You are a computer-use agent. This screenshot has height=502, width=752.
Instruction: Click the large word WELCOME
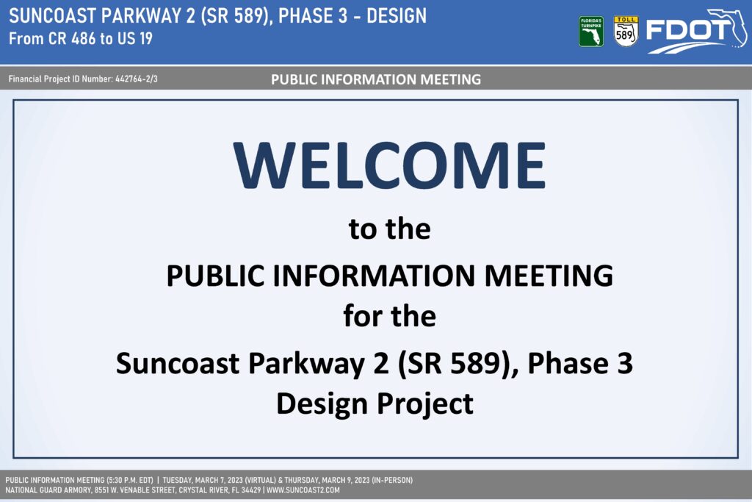click(x=389, y=165)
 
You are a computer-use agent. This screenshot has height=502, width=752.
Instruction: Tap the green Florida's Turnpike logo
click(x=591, y=32)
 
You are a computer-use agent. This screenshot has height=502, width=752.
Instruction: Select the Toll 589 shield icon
click(x=626, y=32)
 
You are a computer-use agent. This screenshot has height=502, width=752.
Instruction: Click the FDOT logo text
click(x=690, y=31)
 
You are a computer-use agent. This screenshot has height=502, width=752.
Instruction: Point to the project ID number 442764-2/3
click(x=136, y=79)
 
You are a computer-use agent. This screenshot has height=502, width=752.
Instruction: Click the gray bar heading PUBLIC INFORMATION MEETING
click(x=375, y=79)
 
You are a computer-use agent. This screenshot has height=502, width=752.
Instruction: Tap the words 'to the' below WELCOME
click(x=389, y=229)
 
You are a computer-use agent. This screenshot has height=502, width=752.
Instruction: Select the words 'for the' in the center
click(x=389, y=316)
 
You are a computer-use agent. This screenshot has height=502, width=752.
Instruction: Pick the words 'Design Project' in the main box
click(x=375, y=403)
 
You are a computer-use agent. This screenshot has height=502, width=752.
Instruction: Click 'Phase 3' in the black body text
click(x=580, y=363)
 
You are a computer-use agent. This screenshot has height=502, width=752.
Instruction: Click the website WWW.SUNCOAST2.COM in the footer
click(x=303, y=490)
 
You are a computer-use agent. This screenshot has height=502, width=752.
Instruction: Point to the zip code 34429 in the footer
click(x=251, y=490)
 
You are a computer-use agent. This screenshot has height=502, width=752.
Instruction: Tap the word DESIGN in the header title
click(x=396, y=16)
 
